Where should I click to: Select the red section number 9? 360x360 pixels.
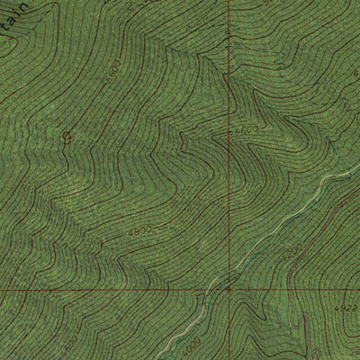click(66, 137)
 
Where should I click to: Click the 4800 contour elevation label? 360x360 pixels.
click(139, 232)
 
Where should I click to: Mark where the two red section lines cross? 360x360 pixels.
click(229, 290)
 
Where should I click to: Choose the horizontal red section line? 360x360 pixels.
click(108, 290)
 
